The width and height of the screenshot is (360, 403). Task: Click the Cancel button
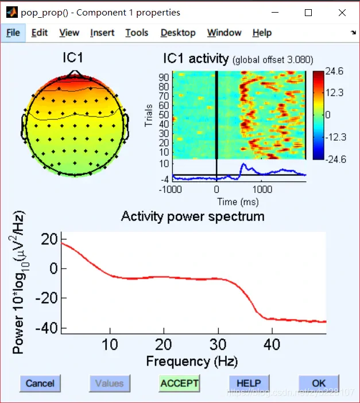coord(40,383)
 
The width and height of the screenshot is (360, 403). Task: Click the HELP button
coord(249,383)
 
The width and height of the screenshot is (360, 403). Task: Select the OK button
coord(319,383)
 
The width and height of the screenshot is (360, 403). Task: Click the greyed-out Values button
coord(110,383)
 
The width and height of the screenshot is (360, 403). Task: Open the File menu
coord(13,33)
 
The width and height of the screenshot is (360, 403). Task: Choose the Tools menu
coord(137,33)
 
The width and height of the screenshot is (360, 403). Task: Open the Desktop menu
coord(178,33)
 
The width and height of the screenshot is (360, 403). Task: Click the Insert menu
coord(102,33)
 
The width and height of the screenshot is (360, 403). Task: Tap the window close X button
coord(342,12)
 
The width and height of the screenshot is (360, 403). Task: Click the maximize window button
coord(308,12)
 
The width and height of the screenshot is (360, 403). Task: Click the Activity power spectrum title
coord(192,216)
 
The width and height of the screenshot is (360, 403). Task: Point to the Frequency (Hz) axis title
coord(192,361)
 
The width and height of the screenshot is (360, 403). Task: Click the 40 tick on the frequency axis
coord(272,344)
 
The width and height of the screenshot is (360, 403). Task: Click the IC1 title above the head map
coord(74,58)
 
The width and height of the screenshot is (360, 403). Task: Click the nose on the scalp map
coord(73,73)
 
